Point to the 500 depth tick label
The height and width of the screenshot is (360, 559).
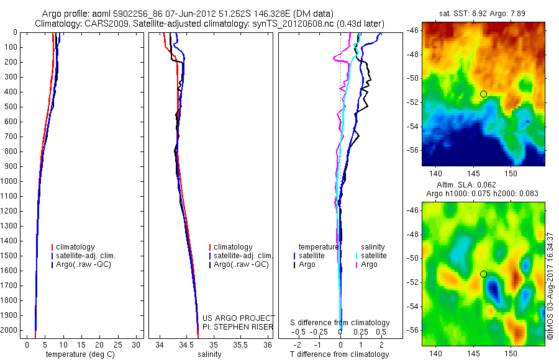[10, 107]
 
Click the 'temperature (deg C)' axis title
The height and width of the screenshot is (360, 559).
[78, 354]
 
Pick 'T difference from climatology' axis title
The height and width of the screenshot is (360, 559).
[340, 354]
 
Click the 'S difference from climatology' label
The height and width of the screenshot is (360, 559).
[340, 323]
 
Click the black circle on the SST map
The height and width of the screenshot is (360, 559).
[483, 94]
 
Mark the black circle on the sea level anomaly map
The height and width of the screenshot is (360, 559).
[483, 274]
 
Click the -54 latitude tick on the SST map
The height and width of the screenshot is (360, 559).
[412, 127]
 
